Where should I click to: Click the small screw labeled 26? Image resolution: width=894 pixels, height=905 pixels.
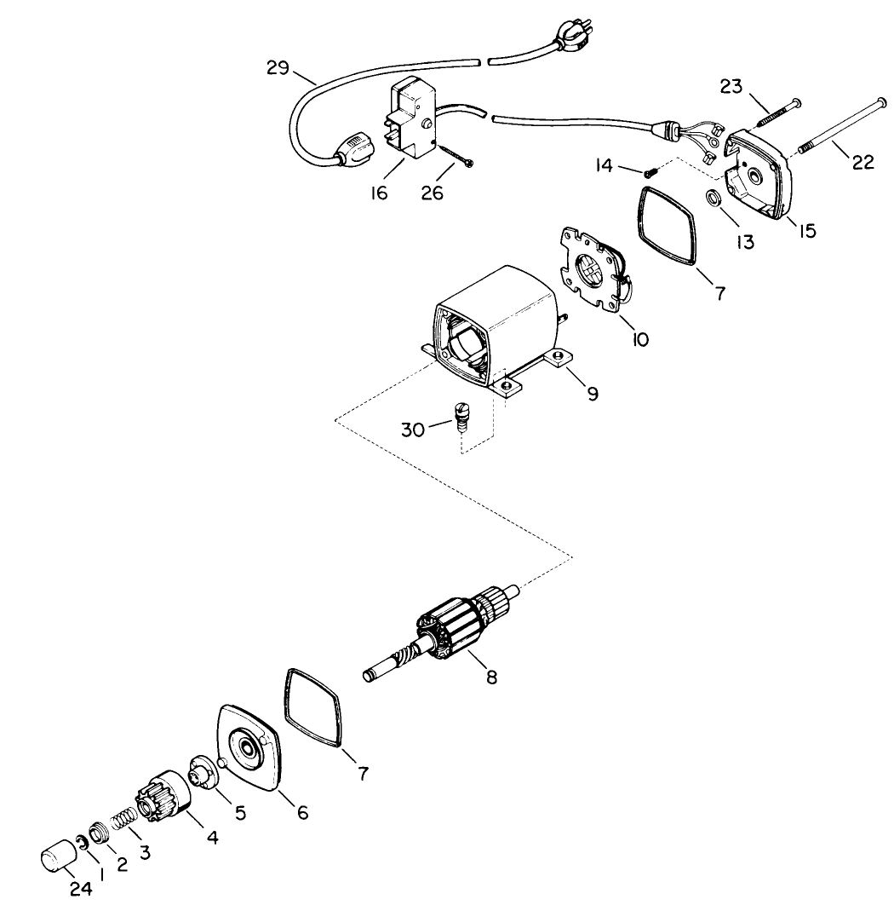[x=456, y=159]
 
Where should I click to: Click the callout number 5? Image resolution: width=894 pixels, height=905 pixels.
[x=241, y=812]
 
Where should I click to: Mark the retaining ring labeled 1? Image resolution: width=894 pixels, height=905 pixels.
[x=81, y=843]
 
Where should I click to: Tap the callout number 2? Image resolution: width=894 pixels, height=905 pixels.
[x=122, y=864]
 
